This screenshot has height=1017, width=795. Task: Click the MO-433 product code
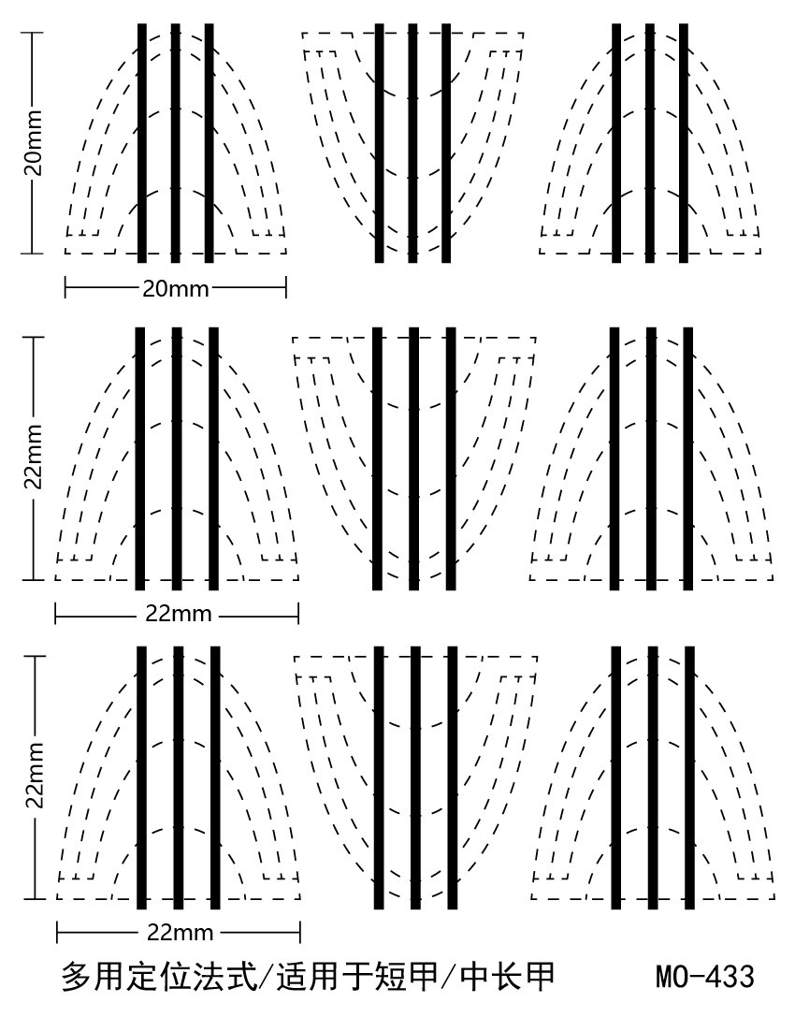(x=704, y=978)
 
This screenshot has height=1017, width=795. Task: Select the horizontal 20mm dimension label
(x=175, y=287)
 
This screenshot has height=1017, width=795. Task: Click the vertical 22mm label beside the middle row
(x=33, y=458)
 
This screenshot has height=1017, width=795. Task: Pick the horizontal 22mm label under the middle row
(x=178, y=615)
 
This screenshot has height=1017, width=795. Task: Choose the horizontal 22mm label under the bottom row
(x=180, y=933)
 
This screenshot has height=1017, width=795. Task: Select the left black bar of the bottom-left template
(x=142, y=777)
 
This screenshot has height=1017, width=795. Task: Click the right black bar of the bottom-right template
(x=689, y=777)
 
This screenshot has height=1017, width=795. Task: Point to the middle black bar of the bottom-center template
(x=415, y=777)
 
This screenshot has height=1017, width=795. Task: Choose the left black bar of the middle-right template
(x=614, y=458)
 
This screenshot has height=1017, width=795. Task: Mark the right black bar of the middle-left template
(x=213, y=458)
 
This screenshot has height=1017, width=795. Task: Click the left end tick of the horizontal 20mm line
(x=65, y=287)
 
